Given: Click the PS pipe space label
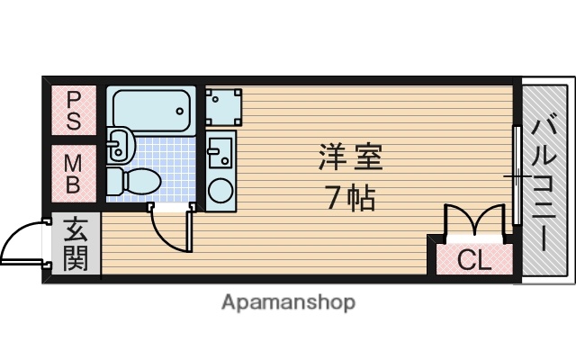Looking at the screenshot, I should tap(74, 109).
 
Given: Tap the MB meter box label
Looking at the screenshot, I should tap(74, 173).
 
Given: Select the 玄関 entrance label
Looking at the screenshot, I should tap(75, 243).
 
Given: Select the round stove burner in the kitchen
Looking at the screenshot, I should tap(219, 190).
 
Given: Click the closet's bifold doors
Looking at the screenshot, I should tap(473, 220).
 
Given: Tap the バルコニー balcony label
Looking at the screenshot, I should tap(545, 181).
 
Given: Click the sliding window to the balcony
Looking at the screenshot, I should tap(517, 176).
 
